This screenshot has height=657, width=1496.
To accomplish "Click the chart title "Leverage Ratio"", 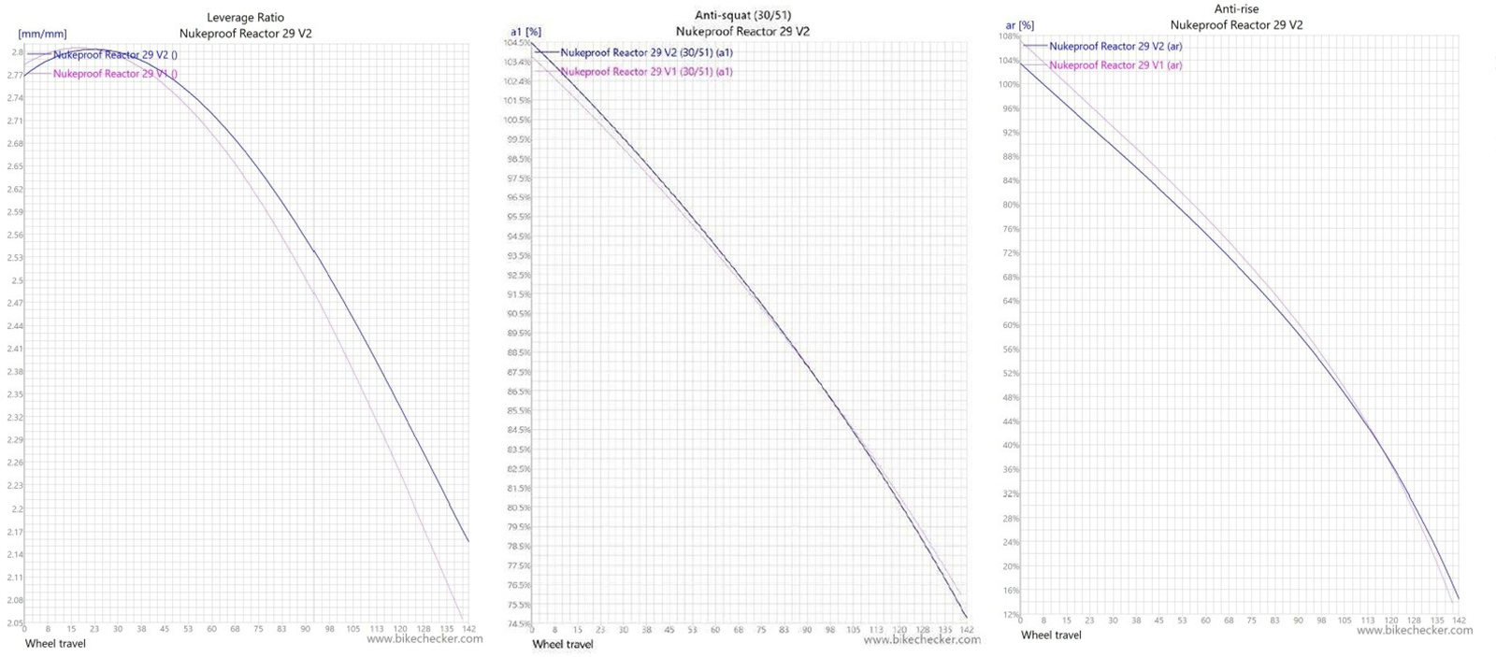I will tap(245, 18).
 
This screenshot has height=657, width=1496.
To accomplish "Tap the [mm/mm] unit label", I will tap(42, 34).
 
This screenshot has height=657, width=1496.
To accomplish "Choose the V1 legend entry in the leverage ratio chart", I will tap(115, 74).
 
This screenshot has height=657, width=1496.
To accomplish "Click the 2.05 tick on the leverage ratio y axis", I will tap(14, 623).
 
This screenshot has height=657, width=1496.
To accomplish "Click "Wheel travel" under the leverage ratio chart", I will tap(55, 643).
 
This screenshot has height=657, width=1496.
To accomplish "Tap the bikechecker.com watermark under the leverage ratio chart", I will tap(424, 639).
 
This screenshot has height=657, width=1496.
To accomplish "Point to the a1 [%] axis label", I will tap(525, 32).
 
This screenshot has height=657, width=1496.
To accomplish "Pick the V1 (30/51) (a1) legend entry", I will tap(646, 72).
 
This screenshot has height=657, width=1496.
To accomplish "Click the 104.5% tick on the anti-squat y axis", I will tap(517, 43).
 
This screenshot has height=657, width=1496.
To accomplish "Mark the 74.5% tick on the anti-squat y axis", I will tap(518, 623).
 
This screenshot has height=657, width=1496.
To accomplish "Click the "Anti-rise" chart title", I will tap(1236, 9).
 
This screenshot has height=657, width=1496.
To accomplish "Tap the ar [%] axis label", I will tap(1019, 25).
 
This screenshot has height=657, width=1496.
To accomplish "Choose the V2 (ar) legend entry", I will tap(1115, 46).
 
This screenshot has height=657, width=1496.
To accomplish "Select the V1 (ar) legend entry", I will tap(1115, 65).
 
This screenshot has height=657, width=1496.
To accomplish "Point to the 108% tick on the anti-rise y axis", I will tap(1008, 36).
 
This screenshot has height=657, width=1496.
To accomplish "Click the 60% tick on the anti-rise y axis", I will tap(1011, 325).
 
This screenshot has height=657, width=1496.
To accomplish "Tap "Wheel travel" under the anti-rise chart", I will tap(1051, 636).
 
